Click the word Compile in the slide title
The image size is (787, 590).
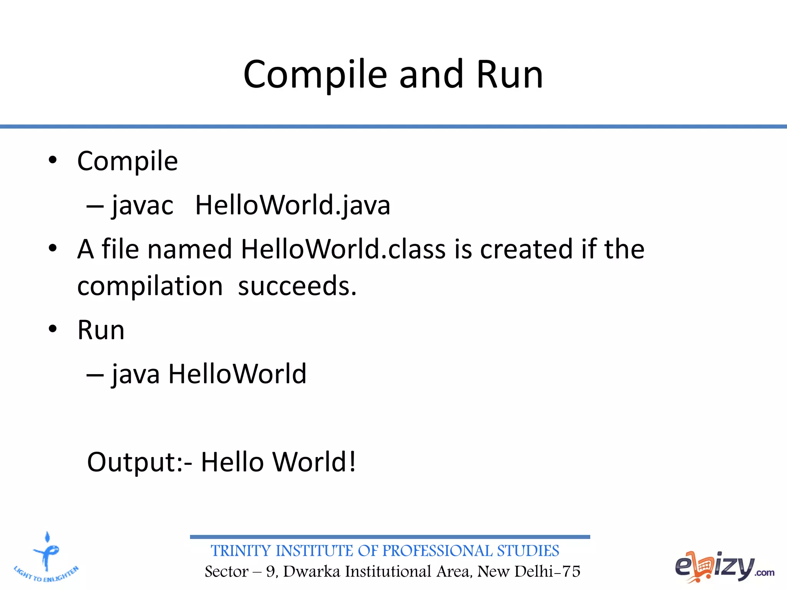click(315, 75)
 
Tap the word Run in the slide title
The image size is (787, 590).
click(510, 75)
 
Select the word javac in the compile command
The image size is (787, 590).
click(143, 206)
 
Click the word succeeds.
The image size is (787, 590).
click(297, 286)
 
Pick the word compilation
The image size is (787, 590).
click(150, 286)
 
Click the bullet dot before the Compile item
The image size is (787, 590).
click(53, 160)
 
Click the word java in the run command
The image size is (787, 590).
click(136, 375)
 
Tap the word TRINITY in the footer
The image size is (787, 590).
click(241, 551)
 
